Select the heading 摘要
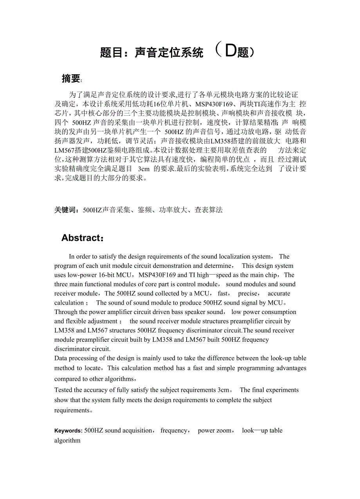(71, 79)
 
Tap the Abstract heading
(81, 238)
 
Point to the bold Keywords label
(68, 431)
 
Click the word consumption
(278, 312)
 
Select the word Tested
(63, 390)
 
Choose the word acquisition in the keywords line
(137, 431)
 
